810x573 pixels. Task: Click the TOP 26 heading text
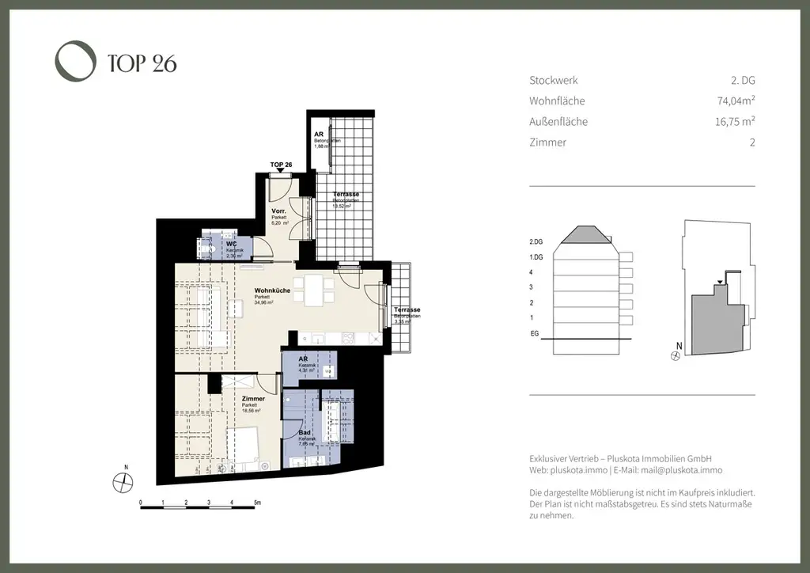[x=142, y=63]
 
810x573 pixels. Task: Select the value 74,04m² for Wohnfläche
[x=731, y=101]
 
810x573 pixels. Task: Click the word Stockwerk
[x=553, y=81]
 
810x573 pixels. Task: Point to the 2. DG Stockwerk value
[x=743, y=81]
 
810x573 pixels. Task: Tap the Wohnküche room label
[x=272, y=290]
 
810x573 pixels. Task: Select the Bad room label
[x=304, y=433]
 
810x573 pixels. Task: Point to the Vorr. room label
[x=278, y=211]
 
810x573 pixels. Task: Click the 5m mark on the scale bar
[x=257, y=503]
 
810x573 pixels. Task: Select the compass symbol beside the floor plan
[x=122, y=480]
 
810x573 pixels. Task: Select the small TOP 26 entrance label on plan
[x=281, y=165]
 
